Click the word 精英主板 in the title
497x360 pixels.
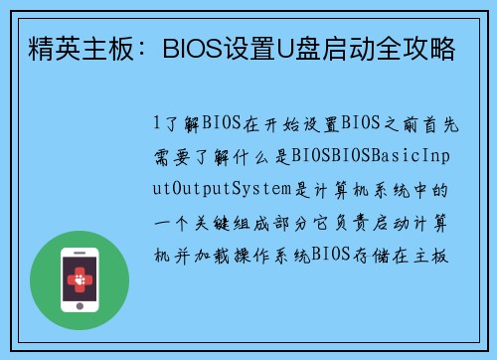tap(69, 46)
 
